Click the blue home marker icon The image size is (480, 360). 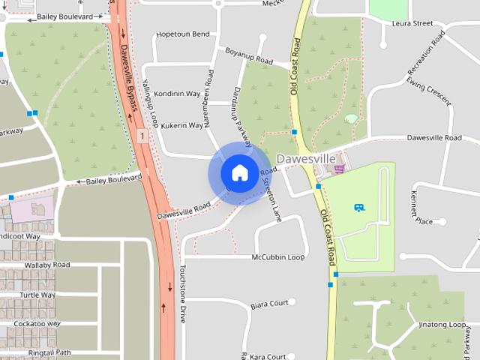[239, 173]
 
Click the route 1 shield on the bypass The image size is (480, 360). [142, 136]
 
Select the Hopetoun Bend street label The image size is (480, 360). [182, 34]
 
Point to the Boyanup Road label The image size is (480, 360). [248, 55]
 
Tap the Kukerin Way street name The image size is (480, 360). [182, 125]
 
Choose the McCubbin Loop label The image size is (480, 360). [278, 256]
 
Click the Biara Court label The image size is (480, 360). [269, 304]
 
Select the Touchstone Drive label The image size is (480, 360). [182, 293]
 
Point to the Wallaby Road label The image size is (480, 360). [47, 265]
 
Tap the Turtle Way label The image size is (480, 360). [37, 295]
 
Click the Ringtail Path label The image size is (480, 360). [49, 352]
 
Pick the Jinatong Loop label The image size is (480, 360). [442, 325]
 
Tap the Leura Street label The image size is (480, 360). [412, 23]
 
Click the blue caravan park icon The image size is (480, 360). [359, 207]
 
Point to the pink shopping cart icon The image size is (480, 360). [339, 168]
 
